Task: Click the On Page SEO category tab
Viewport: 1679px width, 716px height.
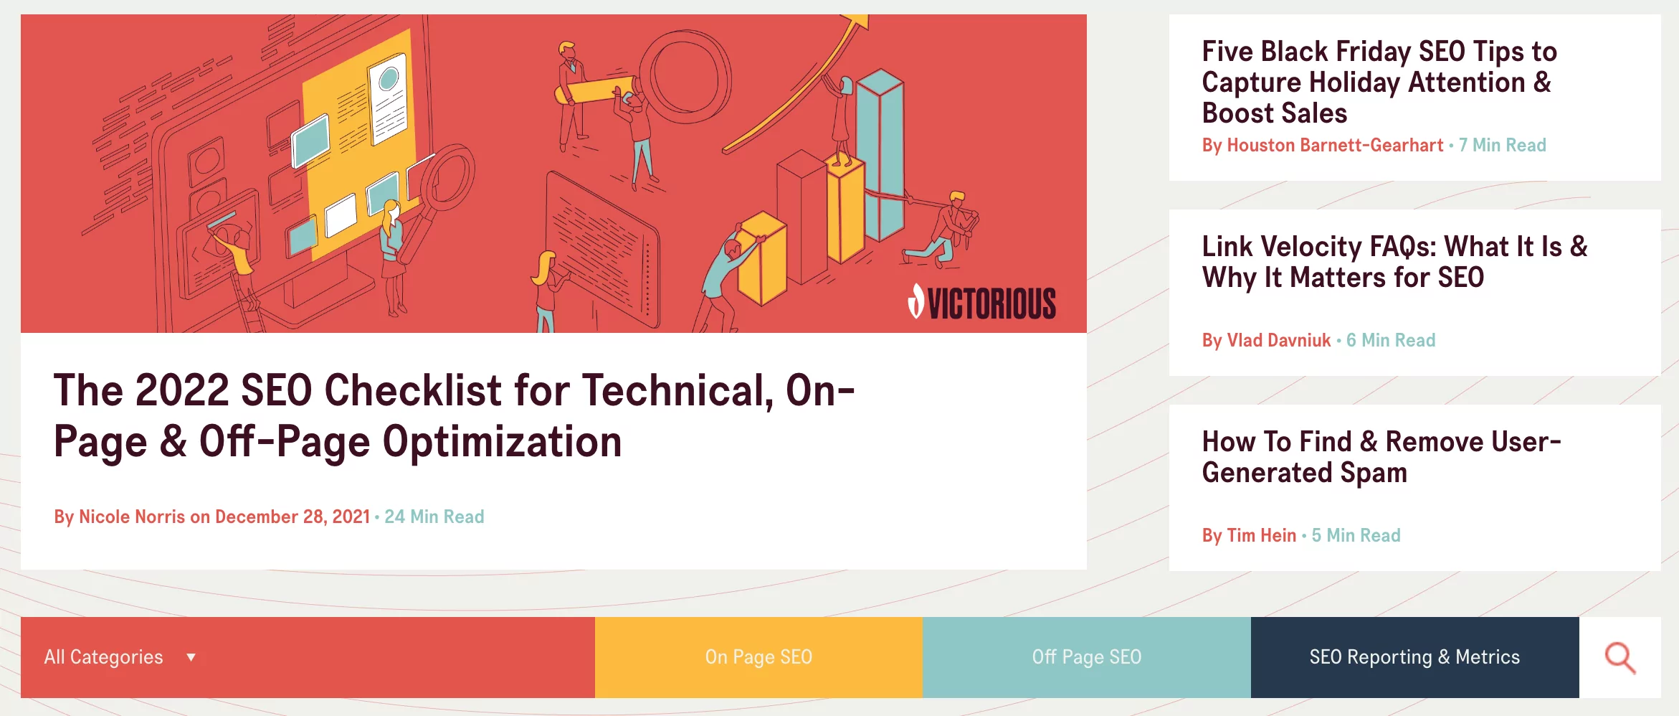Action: click(x=758, y=657)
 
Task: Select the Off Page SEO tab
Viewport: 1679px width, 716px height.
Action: click(x=1087, y=657)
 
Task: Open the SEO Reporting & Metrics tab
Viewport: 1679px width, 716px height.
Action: click(x=1415, y=657)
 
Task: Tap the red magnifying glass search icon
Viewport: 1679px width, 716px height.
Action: click(x=1620, y=658)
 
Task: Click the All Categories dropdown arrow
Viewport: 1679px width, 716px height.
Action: click(x=191, y=657)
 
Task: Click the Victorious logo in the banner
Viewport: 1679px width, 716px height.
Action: click(x=982, y=302)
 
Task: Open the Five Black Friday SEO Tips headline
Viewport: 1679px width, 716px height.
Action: click(x=1379, y=82)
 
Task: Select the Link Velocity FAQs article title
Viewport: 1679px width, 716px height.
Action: click(x=1394, y=262)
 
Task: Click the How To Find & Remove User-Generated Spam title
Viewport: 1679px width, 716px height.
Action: click(x=1381, y=457)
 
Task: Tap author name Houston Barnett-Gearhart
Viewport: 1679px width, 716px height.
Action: click(x=1335, y=145)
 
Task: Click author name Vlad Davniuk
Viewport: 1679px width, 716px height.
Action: click(x=1279, y=340)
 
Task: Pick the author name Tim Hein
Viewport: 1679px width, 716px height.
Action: click(x=1262, y=535)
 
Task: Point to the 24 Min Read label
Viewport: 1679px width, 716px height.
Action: click(x=434, y=517)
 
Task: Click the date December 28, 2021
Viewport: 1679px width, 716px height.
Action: click(x=292, y=517)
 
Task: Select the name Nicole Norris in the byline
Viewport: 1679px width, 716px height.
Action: click(x=132, y=517)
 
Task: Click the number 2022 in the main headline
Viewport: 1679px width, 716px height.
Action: click(x=182, y=390)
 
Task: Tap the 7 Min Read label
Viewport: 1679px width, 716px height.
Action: click(x=1503, y=145)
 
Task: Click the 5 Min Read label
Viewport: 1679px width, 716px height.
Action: click(x=1356, y=535)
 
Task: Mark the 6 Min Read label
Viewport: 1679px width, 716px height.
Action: click(x=1391, y=340)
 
